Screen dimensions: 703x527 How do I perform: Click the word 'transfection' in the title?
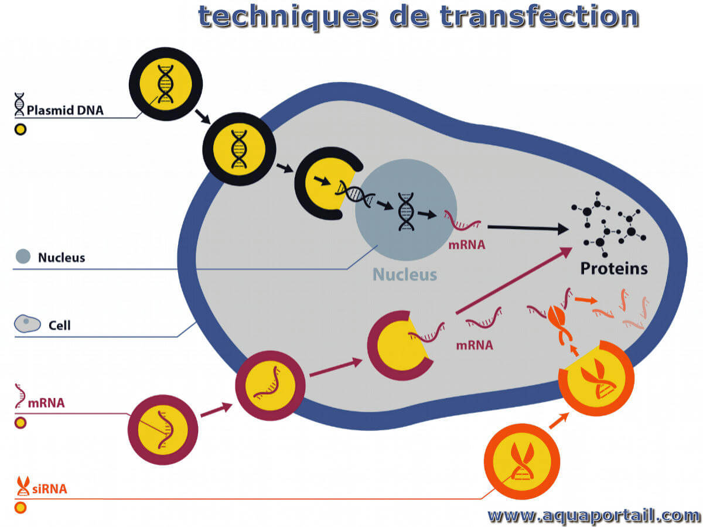[539, 16]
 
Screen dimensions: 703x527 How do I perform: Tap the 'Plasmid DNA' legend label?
[65, 111]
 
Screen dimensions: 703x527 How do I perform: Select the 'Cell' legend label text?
[60, 326]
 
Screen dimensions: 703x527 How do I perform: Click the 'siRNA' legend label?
[50, 488]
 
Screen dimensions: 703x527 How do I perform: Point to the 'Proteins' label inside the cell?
[613, 268]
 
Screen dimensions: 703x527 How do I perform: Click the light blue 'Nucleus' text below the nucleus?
[405, 275]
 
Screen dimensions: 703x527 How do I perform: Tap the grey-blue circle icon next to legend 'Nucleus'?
[23, 256]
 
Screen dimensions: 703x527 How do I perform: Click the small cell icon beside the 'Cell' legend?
[28, 324]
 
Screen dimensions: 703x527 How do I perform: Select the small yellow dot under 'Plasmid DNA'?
[21, 129]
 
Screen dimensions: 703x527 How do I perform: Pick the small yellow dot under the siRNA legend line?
[21, 508]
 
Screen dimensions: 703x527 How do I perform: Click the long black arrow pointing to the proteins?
[528, 228]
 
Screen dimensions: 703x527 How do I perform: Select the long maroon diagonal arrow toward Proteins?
[514, 280]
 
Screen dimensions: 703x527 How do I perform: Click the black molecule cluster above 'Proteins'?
[609, 224]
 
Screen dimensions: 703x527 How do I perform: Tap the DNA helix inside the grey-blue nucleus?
[406, 211]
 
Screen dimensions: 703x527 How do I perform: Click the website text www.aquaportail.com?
[593, 515]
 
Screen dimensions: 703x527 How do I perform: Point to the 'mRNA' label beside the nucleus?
[467, 245]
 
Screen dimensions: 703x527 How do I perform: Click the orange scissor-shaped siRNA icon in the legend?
[23, 486]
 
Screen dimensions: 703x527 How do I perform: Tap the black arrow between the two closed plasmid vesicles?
[203, 117]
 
